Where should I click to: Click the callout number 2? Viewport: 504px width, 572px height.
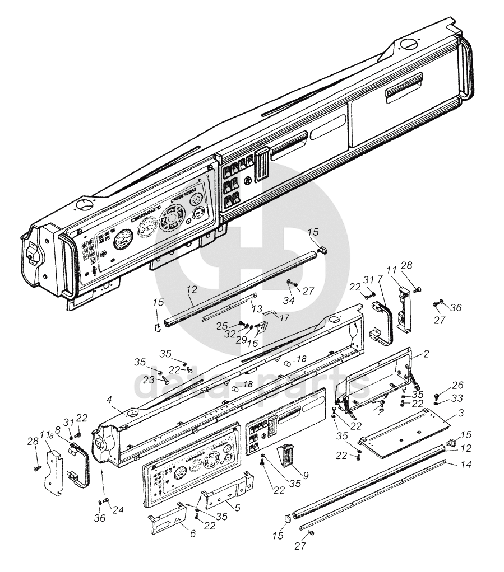[427, 354]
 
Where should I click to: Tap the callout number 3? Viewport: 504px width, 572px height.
[461, 413]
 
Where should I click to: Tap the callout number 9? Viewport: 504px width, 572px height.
[305, 476]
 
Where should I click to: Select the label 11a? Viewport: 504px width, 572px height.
[47, 435]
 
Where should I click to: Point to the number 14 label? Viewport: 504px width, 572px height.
[467, 464]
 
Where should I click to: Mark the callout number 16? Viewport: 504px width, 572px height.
[253, 342]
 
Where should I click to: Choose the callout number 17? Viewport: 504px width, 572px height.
[284, 317]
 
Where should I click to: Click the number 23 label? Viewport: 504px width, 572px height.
[148, 379]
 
